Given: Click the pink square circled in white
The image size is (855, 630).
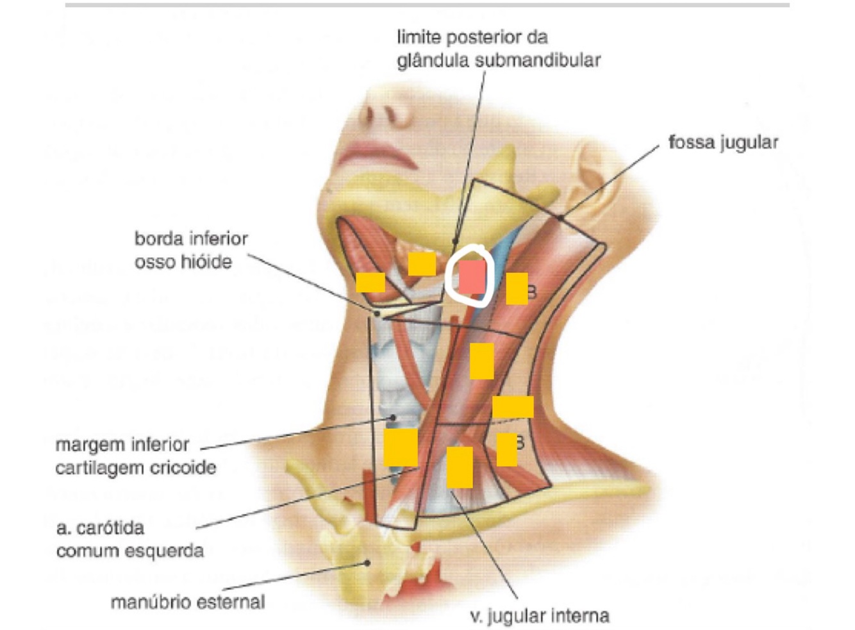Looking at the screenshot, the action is click(472, 277).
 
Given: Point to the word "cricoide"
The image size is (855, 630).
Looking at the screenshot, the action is click(183, 468).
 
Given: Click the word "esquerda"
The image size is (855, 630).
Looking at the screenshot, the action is click(169, 551).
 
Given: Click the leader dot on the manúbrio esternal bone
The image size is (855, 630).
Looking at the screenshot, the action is click(368, 563).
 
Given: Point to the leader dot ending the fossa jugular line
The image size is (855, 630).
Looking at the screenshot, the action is click(560, 218).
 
